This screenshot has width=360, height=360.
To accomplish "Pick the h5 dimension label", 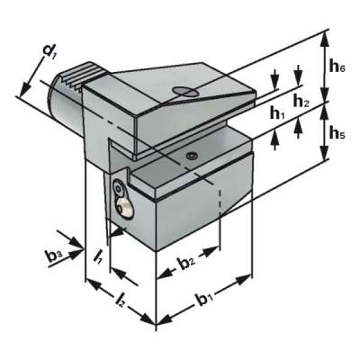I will pyautogui.click(x=335, y=134).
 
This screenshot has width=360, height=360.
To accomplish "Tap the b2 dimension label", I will pyautogui.click(x=186, y=265).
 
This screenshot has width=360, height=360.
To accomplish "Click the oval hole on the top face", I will pyautogui.click(x=183, y=91).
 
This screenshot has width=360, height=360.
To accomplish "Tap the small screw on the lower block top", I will pyautogui.click(x=191, y=156).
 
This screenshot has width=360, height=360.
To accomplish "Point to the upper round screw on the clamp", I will pyautogui.click(x=120, y=189).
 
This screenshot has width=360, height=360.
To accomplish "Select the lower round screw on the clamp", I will pyautogui.click(x=124, y=209).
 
